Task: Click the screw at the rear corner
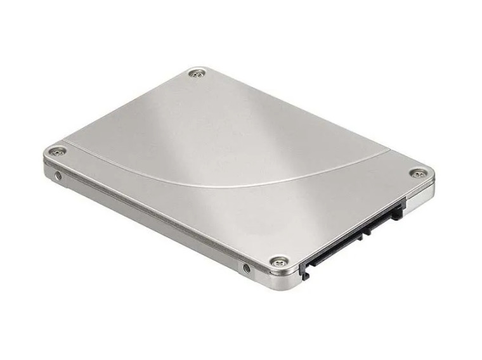(199, 74)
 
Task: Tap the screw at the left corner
(58, 151)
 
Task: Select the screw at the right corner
(417, 173)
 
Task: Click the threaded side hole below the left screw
(59, 175)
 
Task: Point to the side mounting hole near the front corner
(246, 268)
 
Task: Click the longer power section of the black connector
(330, 244)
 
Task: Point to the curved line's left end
(66, 141)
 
